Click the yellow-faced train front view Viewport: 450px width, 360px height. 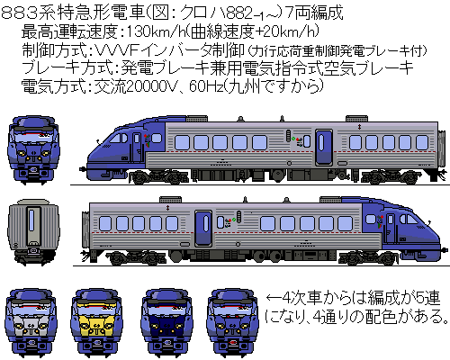pyautogui.click(x=96, y=323)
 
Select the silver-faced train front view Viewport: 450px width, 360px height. pyautogui.click(x=31, y=323)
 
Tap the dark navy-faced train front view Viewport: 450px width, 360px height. pyautogui.click(x=166, y=323)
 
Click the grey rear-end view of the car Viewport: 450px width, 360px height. pyautogui.click(x=33, y=230)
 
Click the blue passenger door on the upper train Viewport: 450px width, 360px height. pyautogui.click(x=323, y=147)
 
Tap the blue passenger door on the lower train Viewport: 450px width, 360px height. pyautogui.click(x=203, y=228)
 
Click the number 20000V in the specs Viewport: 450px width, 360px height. pyautogui.click(x=151, y=86)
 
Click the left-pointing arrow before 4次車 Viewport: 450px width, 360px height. pyautogui.click(x=273, y=298)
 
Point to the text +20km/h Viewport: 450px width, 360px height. pyautogui.click(x=286, y=31)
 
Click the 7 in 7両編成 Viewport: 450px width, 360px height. pyautogui.click(x=289, y=13)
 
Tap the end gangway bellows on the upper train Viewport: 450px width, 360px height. pyautogui.click(x=441, y=148)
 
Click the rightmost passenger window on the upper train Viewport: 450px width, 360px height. pyautogui.click(x=422, y=142)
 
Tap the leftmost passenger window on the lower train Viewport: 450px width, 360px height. pyautogui.click(x=105, y=223)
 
